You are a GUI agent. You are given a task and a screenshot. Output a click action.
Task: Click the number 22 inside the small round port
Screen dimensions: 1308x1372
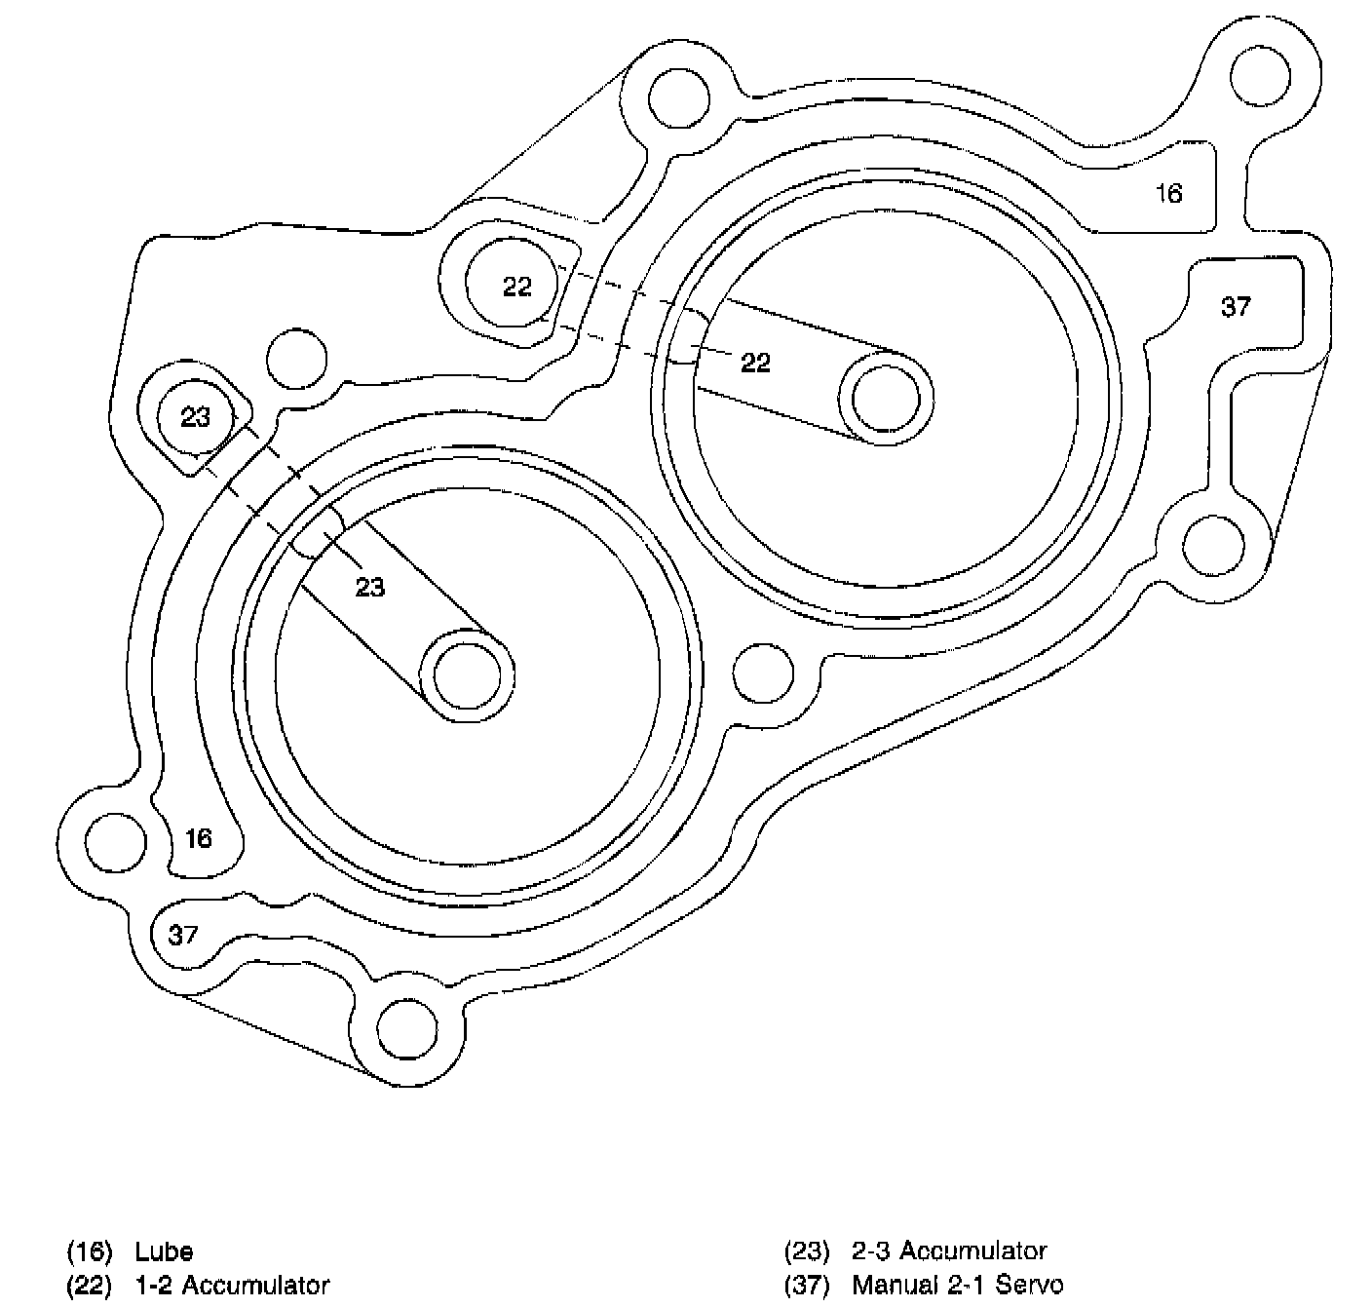pos(517,287)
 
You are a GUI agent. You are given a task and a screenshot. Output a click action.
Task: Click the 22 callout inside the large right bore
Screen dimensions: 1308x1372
pos(755,363)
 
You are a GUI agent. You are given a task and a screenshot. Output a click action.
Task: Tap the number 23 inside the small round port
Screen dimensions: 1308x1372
pos(196,417)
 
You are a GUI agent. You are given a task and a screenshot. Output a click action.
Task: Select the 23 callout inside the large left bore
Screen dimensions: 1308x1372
pos(369,587)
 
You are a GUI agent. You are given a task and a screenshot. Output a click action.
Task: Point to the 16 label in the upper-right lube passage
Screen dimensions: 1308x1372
pos(1168,194)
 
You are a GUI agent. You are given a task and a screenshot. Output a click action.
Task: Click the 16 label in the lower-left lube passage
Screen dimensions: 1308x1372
pos(198,838)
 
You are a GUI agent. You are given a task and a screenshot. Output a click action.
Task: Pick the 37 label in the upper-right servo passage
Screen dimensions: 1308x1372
pos(1236,307)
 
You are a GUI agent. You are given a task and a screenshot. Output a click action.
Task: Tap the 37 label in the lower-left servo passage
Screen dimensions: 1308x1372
pos(183,936)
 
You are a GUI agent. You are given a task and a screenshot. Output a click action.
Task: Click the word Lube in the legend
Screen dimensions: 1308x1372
pos(164,1251)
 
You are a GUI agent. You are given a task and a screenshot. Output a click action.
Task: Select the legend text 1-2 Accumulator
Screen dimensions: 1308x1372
pos(232,1286)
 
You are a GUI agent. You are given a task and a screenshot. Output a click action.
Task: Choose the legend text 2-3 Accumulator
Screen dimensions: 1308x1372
pos(949,1251)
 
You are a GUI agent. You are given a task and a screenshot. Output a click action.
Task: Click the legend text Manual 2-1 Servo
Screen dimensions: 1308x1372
pos(957,1286)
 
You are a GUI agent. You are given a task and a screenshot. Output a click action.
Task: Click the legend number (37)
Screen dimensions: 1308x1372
pos(807,1286)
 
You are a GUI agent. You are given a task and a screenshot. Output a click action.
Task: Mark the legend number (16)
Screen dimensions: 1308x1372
pos(90,1251)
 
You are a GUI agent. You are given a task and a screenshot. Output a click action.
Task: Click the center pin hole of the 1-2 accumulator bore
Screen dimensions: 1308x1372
pos(886,398)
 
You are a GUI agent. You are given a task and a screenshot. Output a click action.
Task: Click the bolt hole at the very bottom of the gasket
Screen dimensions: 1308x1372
pos(408,1031)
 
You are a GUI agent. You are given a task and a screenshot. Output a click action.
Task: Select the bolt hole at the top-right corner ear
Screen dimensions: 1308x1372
pos(1264,75)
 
